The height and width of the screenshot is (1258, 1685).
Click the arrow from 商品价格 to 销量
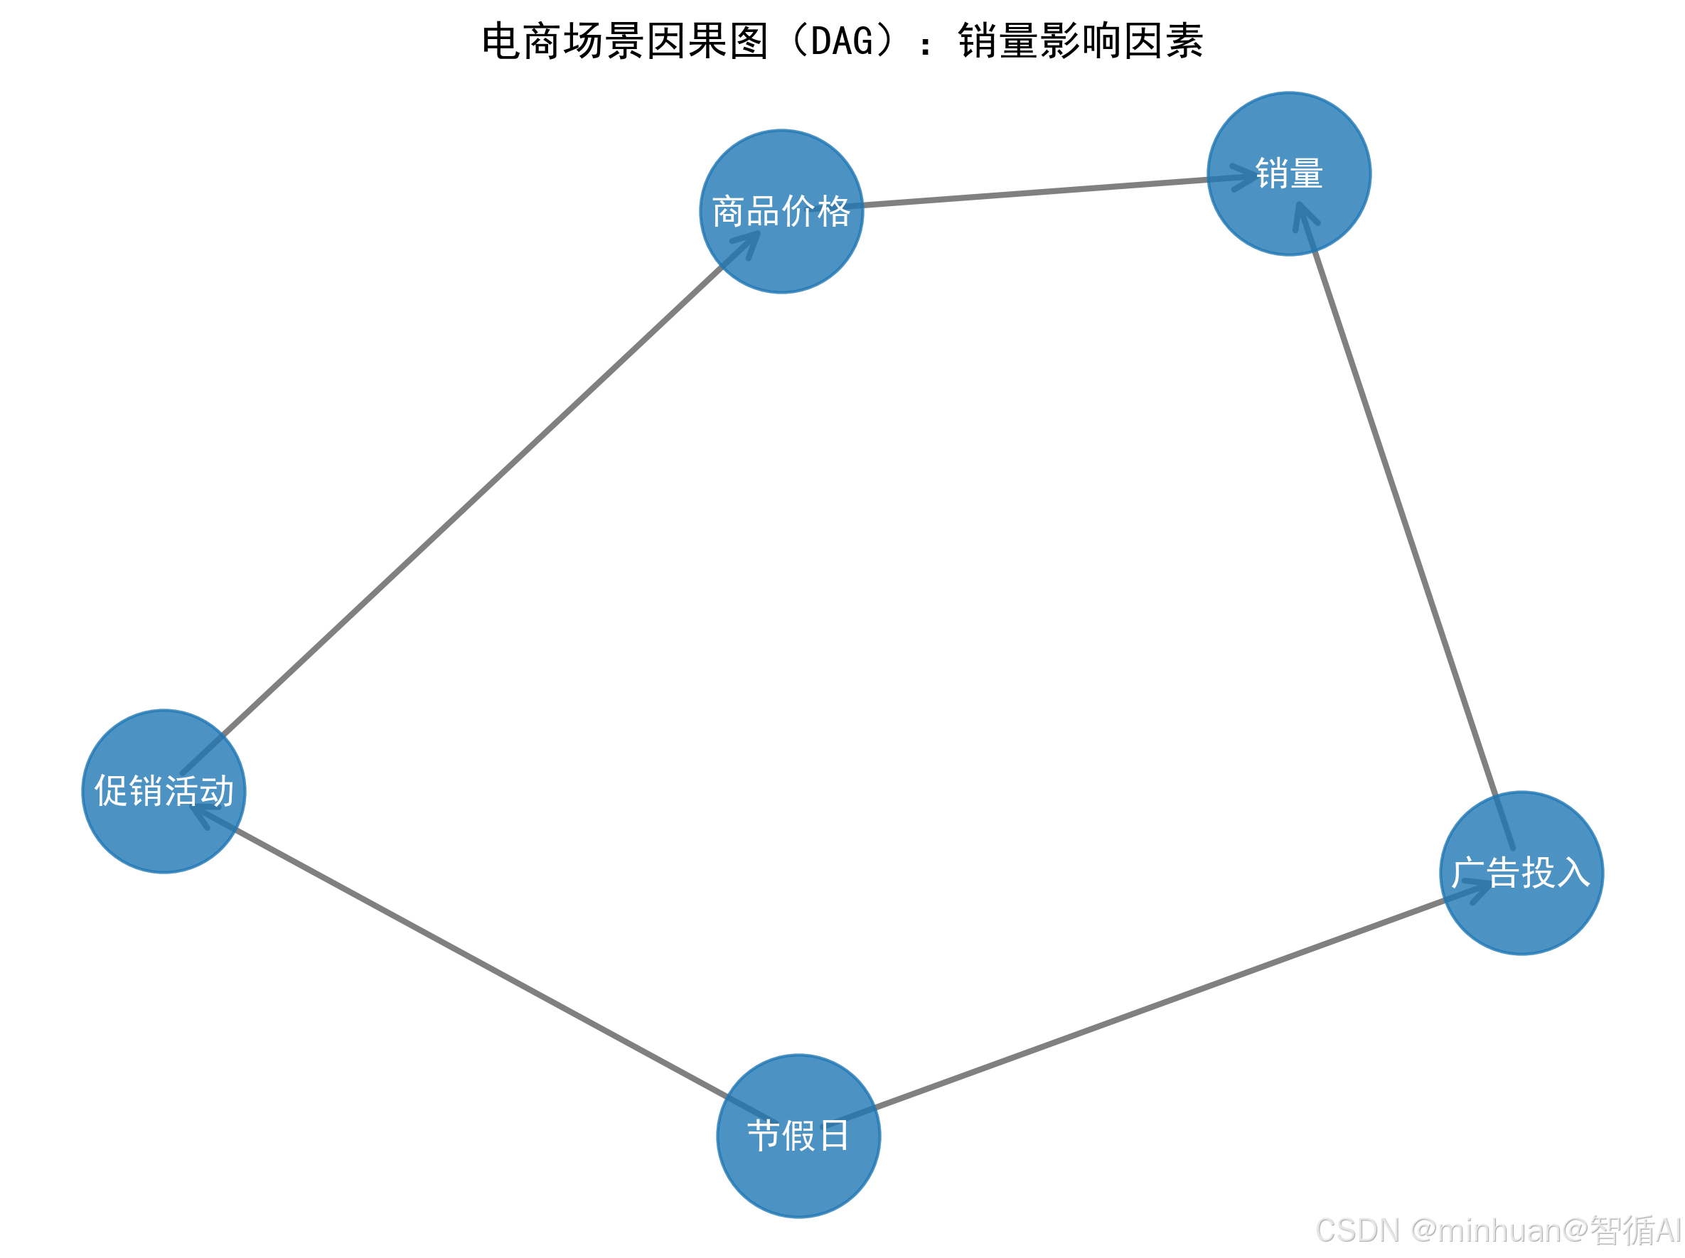pyautogui.click(x=1036, y=191)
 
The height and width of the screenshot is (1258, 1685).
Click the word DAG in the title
pyautogui.click(x=841, y=41)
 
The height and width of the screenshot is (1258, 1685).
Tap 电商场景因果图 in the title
pyautogui.click(x=625, y=41)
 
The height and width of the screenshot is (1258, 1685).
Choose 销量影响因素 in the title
pyautogui.click(x=1080, y=41)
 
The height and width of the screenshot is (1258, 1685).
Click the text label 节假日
pyautogui.click(x=798, y=1136)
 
